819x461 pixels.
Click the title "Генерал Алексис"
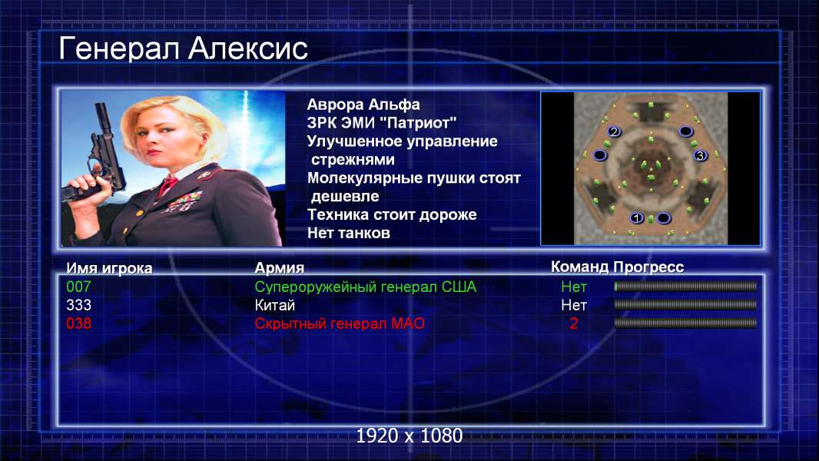click(184, 48)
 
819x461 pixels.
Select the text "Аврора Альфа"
click(363, 104)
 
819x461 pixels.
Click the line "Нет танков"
click(348, 233)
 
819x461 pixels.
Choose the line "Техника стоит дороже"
click(392, 214)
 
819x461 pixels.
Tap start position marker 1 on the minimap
click(635, 217)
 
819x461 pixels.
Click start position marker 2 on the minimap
click(614, 131)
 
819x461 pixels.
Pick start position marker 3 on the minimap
click(700, 154)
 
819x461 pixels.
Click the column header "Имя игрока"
click(109, 268)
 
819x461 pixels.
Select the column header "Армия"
click(279, 268)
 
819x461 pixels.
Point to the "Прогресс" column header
click(648, 267)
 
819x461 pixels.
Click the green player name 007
click(78, 287)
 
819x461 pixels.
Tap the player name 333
click(78, 305)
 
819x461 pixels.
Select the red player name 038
click(78, 323)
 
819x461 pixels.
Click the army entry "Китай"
click(275, 305)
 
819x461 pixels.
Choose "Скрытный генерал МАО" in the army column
click(340, 323)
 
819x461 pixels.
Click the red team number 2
click(573, 323)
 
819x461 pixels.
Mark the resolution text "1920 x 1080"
click(409, 436)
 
